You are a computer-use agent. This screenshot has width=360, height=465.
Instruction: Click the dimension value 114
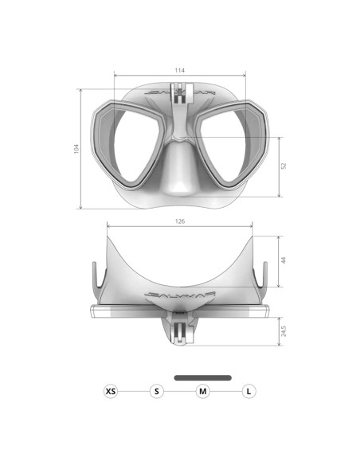click(180, 71)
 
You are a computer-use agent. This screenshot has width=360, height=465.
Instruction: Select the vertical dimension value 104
click(76, 149)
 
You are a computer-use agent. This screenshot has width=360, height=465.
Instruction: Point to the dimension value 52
click(284, 166)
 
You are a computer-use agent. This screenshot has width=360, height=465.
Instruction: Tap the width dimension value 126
click(180, 221)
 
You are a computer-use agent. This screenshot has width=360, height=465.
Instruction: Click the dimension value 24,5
click(284, 329)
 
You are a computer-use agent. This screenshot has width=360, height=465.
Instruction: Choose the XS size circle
click(111, 391)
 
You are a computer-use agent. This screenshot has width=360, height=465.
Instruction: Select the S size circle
click(157, 391)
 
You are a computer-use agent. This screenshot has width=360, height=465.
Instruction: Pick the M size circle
click(203, 391)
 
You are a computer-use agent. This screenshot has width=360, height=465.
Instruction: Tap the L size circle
click(249, 391)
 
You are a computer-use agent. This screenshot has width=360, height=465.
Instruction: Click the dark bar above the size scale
click(203, 377)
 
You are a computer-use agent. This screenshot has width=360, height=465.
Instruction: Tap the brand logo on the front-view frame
click(180, 94)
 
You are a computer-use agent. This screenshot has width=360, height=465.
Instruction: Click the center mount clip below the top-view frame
click(180, 328)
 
